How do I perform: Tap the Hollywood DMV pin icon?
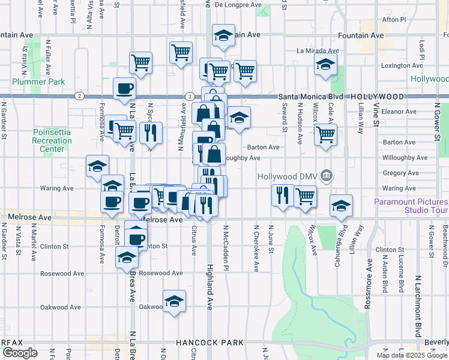coord(326,176)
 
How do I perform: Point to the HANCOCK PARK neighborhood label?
coord(209,343)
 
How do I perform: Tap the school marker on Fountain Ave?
coord(223,37)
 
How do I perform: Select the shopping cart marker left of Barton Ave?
coord(325,136)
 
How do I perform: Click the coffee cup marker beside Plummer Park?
coord(125,88)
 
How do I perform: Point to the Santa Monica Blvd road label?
coord(312,97)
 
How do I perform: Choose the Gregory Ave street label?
coord(399,173)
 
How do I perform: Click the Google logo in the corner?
coord(19,353)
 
